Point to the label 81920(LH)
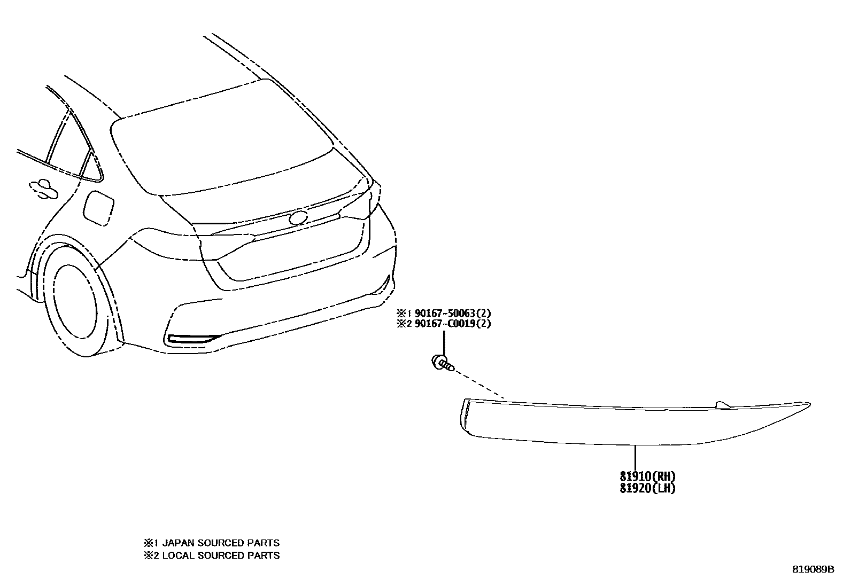pyautogui.click(x=648, y=488)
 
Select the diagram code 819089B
pyautogui.click(x=813, y=569)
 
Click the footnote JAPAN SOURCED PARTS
pyautogui.click(x=220, y=543)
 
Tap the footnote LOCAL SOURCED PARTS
pyautogui.click(x=220, y=555)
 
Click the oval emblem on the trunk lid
pyautogui.click(x=298, y=218)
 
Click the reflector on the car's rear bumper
pyautogui.click(x=192, y=338)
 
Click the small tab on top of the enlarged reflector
pyautogui.click(x=722, y=404)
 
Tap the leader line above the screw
pyautogui.click(x=444, y=342)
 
